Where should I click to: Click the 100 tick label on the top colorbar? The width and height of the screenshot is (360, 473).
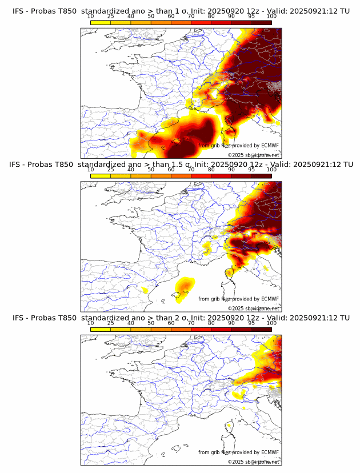click(271, 16)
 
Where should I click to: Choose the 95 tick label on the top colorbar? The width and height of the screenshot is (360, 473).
click(251, 16)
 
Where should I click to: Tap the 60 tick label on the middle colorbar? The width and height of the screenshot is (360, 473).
click(171, 170)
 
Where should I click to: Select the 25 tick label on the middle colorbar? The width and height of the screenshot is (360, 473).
click(111, 170)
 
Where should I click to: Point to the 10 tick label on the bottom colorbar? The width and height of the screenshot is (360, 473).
click(91, 323)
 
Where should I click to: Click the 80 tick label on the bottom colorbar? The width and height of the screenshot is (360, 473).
click(211, 323)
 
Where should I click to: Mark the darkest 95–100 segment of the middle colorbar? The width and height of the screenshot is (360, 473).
click(261, 175)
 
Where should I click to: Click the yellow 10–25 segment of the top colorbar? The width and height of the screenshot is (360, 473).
click(101, 22)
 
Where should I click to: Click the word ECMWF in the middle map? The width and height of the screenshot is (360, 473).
click(270, 299)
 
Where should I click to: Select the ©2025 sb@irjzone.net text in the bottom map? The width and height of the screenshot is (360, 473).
click(254, 462)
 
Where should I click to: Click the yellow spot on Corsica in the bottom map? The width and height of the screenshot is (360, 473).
click(229, 426)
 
